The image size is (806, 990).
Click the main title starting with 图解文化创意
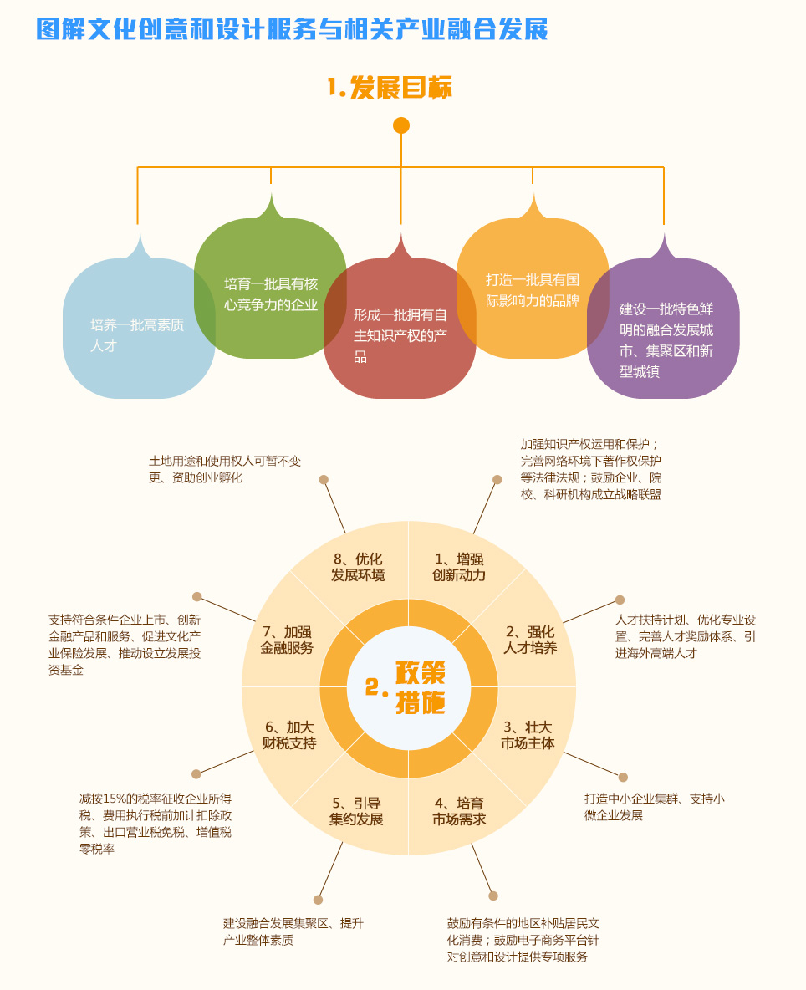(293, 29)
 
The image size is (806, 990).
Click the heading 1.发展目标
(390, 87)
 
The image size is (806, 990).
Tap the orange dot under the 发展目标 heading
(400, 125)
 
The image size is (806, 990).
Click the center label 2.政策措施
(406, 687)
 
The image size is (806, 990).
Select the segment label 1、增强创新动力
(459, 567)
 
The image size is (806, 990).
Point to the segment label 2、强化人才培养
(530, 640)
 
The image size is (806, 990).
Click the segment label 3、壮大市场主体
(528, 736)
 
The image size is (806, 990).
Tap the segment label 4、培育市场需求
(459, 811)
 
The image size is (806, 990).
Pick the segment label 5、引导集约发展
(356, 811)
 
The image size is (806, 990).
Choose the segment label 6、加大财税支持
(289, 736)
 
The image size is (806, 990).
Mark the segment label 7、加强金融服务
(287, 640)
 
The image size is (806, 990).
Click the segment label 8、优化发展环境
(358, 567)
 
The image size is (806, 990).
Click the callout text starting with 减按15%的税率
(156, 824)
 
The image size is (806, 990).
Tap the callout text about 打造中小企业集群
(655, 807)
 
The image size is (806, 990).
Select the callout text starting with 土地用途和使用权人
(225, 469)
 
